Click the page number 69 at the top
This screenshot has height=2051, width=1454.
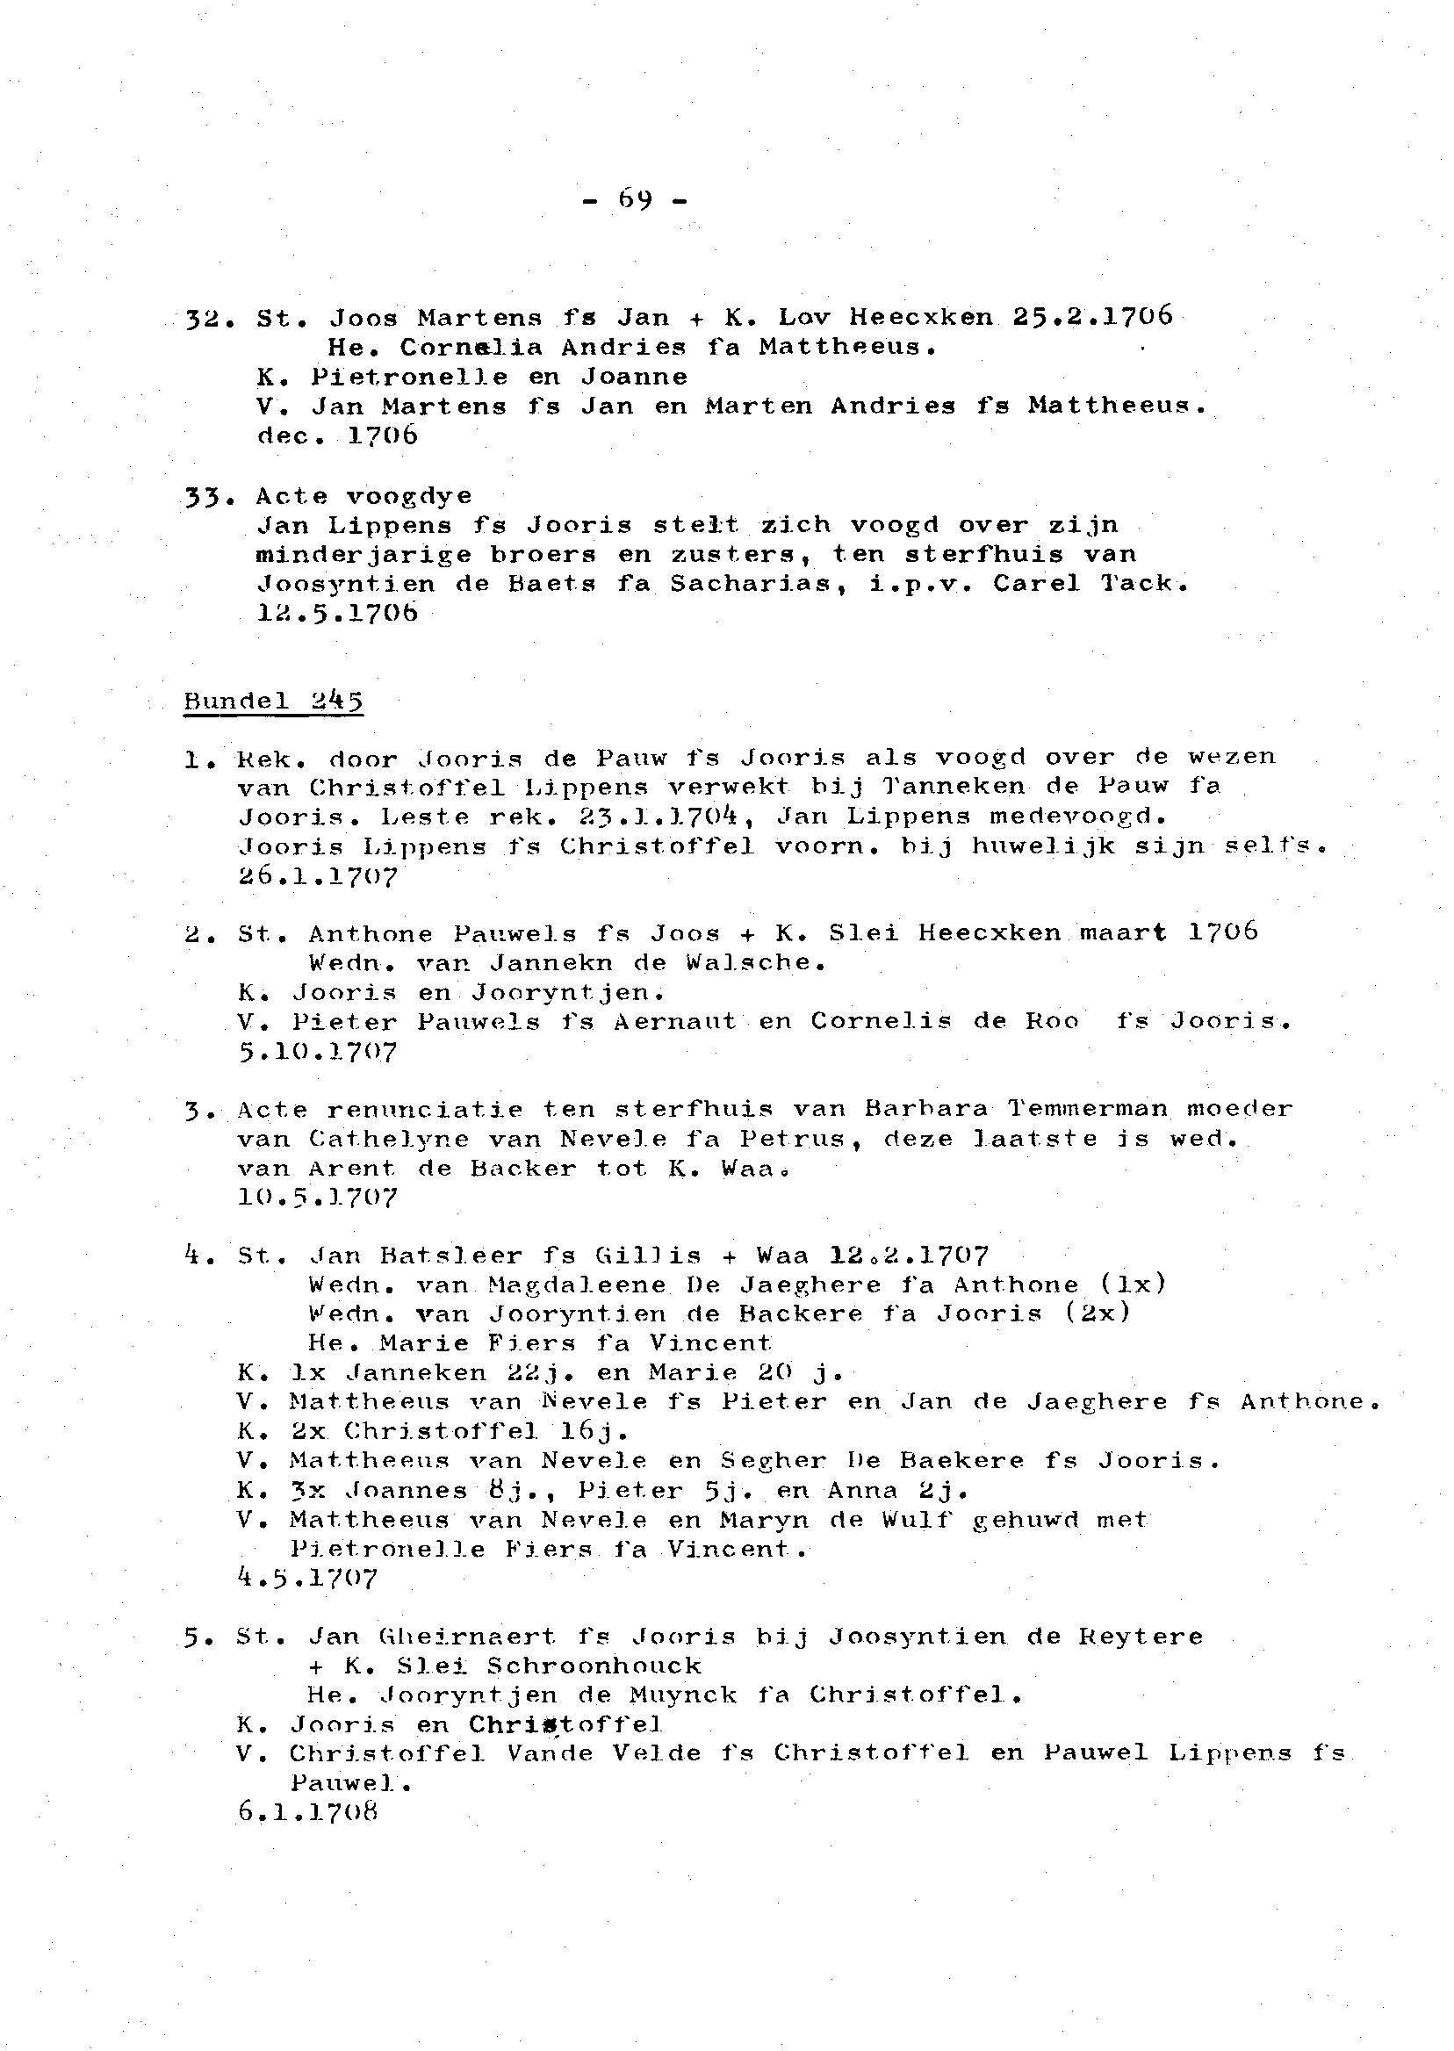click(634, 199)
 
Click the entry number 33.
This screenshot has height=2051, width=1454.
click(203, 495)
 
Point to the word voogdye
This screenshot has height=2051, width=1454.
click(409, 496)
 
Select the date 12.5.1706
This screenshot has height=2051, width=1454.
click(336, 613)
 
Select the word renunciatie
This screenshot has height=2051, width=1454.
click(424, 1109)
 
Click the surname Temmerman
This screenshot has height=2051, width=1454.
click(1087, 1109)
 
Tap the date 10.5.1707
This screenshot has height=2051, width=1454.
click(318, 1197)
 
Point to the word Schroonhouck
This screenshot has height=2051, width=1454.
click(594, 1666)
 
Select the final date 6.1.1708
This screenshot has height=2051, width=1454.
click(309, 1812)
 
